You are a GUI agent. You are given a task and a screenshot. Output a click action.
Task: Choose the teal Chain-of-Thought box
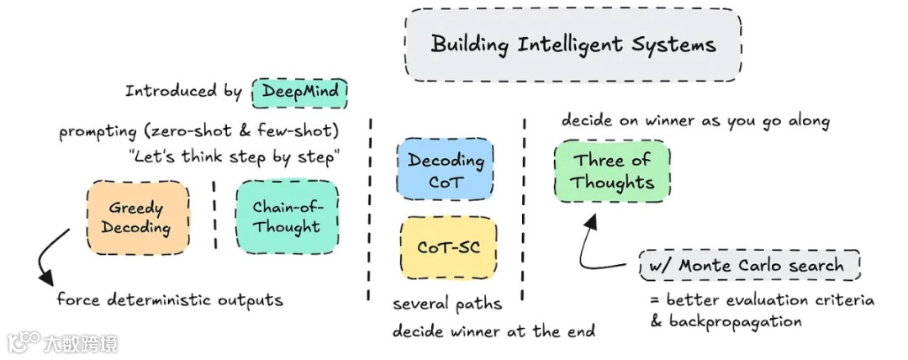point(287,217)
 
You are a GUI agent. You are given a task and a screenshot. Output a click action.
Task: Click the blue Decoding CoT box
point(446,170)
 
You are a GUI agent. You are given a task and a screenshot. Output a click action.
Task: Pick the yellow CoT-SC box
point(446,248)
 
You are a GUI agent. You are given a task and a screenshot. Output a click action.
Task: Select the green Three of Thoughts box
point(612,171)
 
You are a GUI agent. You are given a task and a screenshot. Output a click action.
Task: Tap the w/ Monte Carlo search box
point(750,266)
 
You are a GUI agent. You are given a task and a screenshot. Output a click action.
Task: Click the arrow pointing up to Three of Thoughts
point(591,244)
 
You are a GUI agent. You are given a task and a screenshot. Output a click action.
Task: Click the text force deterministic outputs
point(170,299)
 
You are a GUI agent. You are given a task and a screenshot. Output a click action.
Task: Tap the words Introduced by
point(184,91)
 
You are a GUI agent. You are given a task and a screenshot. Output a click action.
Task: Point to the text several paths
point(447,304)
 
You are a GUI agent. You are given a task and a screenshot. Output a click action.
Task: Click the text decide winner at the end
point(494,331)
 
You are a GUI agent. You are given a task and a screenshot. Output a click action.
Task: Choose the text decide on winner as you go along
point(695,120)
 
